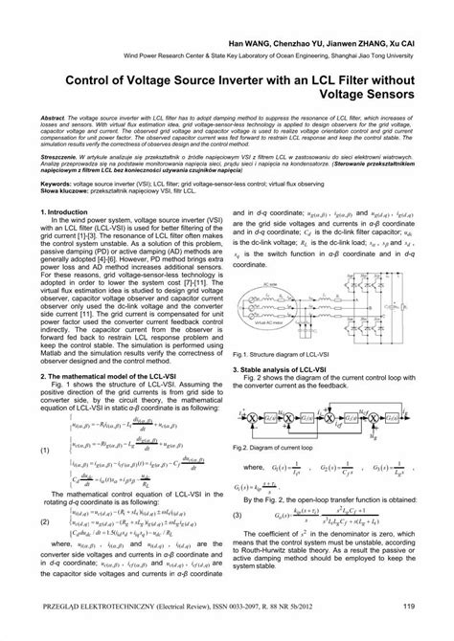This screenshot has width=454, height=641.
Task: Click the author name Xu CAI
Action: tap(395, 45)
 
